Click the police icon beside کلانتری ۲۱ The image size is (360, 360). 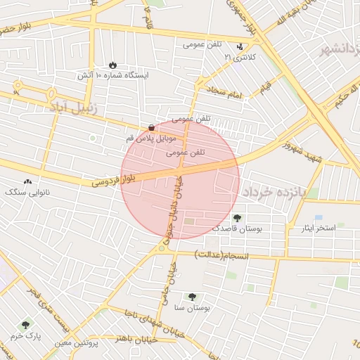point(240,46)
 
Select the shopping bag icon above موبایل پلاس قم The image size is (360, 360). point(152,127)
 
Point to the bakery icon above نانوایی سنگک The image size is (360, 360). point(27,181)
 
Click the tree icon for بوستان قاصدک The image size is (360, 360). point(236,217)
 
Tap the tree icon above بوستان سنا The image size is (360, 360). point(193,297)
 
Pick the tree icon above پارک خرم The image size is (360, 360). point(26,325)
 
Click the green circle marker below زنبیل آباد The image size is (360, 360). point(92,138)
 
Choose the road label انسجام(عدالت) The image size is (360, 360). point(221,254)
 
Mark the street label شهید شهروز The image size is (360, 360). point(301,152)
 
